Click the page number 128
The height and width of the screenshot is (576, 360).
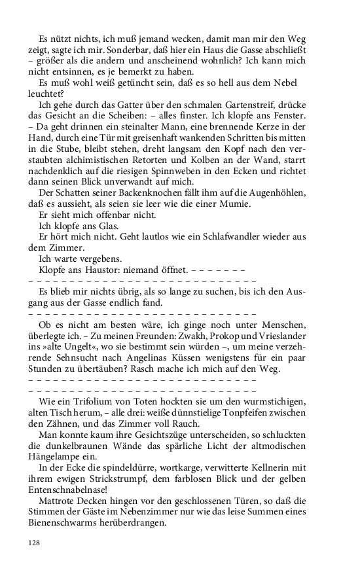point(35,542)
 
